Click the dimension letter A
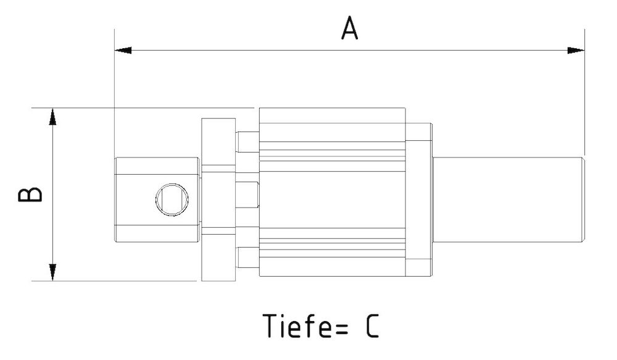[350, 29]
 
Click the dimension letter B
[30, 194]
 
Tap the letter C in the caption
[371, 327]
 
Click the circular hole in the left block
[171, 199]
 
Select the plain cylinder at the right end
[509, 199]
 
